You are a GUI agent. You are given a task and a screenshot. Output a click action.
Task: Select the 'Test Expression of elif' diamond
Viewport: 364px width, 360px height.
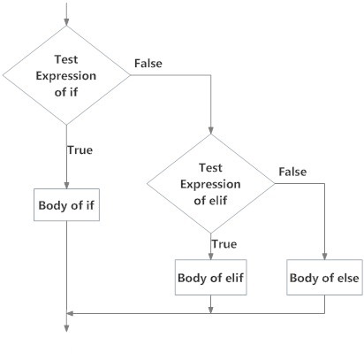click(x=210, y=183)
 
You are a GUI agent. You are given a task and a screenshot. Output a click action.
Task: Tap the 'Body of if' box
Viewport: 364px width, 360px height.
click(x=67, y=206)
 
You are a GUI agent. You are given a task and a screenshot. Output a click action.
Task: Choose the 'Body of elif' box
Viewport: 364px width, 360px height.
click(x=210, y=279)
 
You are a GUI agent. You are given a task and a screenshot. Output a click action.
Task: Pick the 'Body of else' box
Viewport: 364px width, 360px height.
click(x=324, y=279)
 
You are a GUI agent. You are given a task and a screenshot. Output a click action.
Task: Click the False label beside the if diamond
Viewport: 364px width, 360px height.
click(x=148, y=64)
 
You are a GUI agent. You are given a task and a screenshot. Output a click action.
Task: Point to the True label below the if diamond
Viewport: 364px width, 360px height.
click(x=80, y=149)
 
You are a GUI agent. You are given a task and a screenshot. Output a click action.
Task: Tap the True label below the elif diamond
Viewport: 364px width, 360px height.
click(x=223, y=242)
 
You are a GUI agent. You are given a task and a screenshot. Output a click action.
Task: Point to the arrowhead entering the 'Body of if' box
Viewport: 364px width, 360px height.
click(x=66, y=185)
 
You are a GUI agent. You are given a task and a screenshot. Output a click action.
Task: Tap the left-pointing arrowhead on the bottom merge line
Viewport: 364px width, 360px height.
click(x=72, y=312)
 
